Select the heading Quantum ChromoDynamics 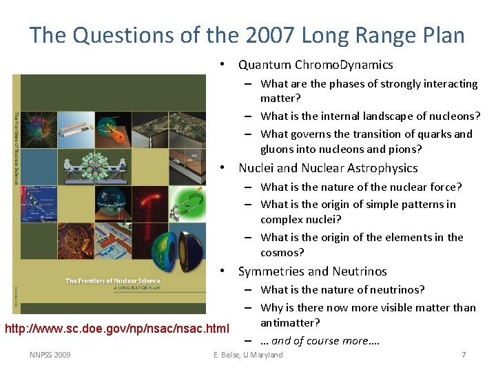coord(316,65)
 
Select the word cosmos coord(282,253)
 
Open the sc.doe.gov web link coord(117,328)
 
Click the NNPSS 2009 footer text coord(50,355)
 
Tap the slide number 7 coord(464,355)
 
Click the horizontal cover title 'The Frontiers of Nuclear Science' coord(113,280)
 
